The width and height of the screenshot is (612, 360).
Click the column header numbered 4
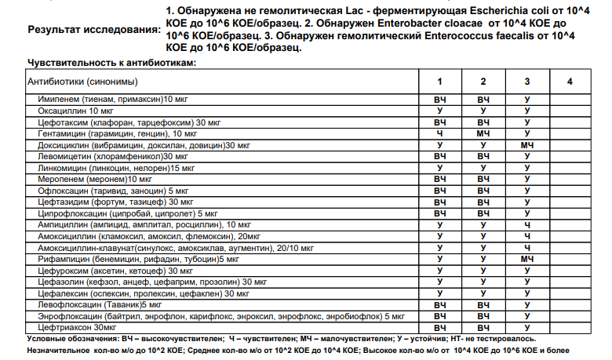click(x=570, y=82)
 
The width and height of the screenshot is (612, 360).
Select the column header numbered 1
click(x=439, y=82)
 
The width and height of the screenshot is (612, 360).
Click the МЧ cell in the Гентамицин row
click(x=483, y=134)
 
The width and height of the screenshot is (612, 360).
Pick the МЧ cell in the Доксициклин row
click(x=527, y=145)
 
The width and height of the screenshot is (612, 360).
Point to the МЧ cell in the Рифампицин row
click(x=527, y=259)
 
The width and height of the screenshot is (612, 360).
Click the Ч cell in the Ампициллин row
click(x=527, y=224)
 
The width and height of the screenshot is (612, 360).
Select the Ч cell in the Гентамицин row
click(x=439, y=134)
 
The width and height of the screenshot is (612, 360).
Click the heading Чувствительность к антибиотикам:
click(x=111, y=62)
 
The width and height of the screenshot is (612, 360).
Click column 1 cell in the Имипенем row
click(x=439, y=100)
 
